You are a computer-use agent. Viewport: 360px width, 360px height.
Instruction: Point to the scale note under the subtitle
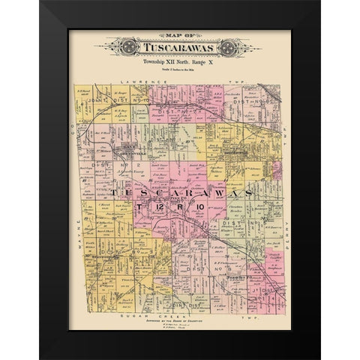(x=179, y=66)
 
